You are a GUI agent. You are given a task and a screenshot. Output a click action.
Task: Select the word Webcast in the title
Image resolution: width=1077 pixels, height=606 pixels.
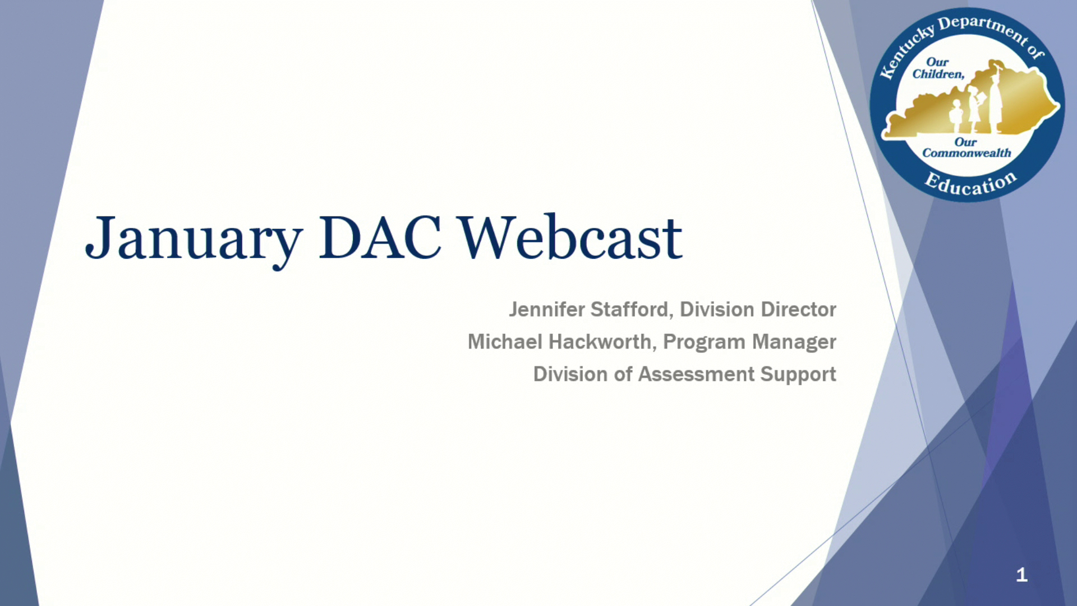pos(571,237)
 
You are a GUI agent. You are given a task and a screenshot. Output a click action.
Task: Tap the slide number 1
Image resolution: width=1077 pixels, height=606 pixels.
pos(1021,575)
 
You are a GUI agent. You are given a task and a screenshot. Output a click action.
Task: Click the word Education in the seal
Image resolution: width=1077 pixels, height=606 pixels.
pos(970,183)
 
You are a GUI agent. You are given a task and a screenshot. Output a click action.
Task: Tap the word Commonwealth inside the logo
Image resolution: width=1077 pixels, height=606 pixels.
pos(966,153)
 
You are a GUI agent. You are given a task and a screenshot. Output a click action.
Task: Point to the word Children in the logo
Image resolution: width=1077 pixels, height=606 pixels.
pos(938,74)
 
